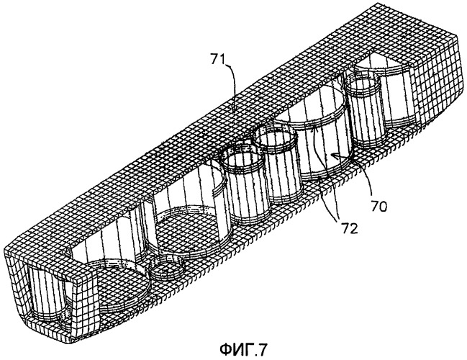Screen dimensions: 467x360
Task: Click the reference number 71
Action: (218, 59)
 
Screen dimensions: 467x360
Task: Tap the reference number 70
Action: (378, 206)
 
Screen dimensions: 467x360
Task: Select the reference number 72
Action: (349, 228)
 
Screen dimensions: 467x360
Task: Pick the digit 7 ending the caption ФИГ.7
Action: (261, 350)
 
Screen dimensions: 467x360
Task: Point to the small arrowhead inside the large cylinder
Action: (337, 155)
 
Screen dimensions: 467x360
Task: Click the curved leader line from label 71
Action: (235, 86)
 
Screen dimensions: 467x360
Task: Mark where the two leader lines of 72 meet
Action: (337, 220)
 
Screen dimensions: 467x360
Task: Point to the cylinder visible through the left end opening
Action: (47, 294)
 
